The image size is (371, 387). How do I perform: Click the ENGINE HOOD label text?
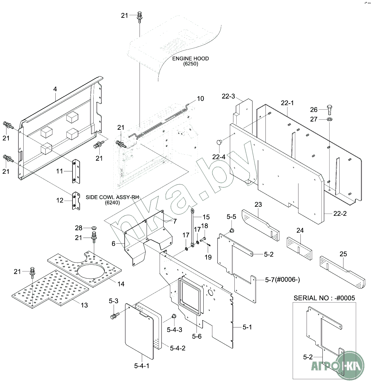coord(190,59)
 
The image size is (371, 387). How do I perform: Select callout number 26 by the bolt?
coord(314,109)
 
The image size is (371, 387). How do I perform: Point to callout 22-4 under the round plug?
coord(219,157)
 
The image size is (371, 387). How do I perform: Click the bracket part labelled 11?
coord(75,171)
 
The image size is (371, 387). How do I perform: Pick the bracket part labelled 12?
coord(75,201)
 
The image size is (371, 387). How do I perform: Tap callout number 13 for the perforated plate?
coord(84,305)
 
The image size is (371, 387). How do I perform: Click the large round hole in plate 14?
coord(91,270)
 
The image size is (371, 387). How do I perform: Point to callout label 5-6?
coord(197,336)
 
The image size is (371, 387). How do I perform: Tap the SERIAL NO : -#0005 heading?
coord(324,298)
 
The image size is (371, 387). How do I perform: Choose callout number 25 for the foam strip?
coord(343,254)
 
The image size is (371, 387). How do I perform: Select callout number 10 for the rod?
coord(200,98)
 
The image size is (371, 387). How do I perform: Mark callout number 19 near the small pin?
coord(208,257)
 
